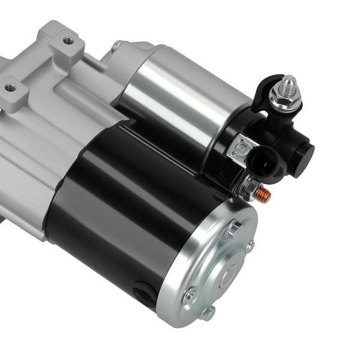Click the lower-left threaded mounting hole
[10, 88]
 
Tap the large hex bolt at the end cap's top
[234, 229]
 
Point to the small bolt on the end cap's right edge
[250, 246]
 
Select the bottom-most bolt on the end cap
[207, 312]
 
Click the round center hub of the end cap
[229, 274]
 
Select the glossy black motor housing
[120, 192]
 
